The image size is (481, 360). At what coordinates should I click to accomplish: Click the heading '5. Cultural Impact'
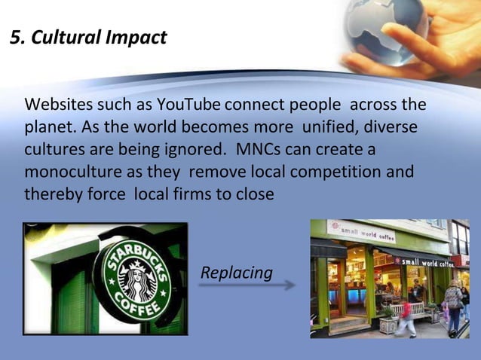point(89,37)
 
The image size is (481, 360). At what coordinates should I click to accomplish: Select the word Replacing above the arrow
point(237,272)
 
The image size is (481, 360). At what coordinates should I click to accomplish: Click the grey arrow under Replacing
point(248,286)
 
